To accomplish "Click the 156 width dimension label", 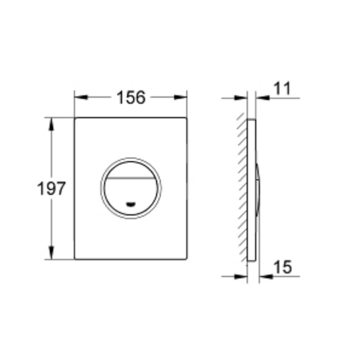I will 131,97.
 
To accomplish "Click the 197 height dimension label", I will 51,188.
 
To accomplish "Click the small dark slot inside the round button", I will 131,204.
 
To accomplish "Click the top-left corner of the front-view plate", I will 75,119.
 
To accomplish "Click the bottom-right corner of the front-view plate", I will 186,258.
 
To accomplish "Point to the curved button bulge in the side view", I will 258,188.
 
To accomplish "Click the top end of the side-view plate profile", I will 252,120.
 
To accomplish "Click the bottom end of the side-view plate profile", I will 252,260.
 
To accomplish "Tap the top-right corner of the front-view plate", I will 186,119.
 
